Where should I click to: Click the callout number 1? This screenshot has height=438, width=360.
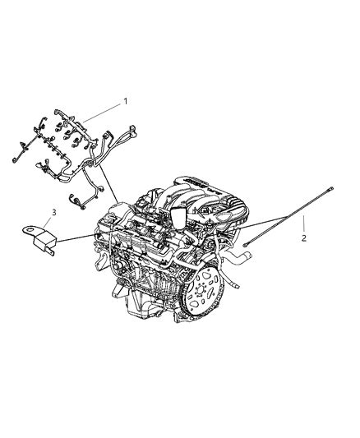click(x=126, y=101)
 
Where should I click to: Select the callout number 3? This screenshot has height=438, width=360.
click(x=53, y=213)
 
